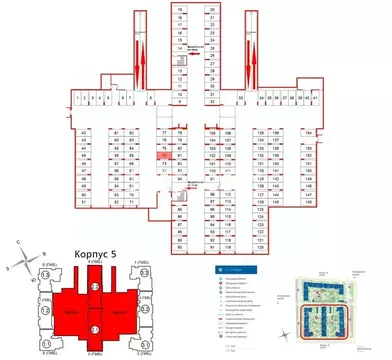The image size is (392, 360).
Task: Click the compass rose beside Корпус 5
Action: pyautogui.click(x=21, y=244)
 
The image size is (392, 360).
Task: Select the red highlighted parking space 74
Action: pyautogui.click(x=162, y=156)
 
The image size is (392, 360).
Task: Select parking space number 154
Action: pyautogui.click(x=308, y=133)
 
